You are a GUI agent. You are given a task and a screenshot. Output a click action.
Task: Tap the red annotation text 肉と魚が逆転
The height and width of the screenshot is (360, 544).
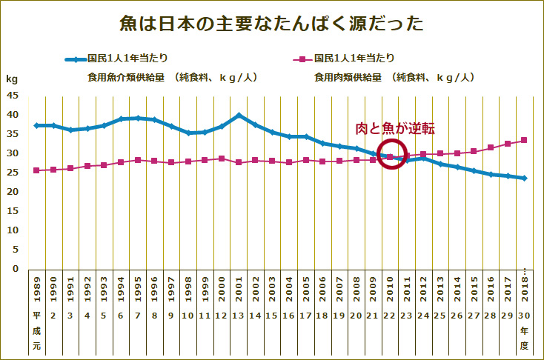pyautogui.click(x=395, y=129)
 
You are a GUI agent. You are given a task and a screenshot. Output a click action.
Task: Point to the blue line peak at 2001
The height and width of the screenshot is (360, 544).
pyautogui.click(x=239, y=116)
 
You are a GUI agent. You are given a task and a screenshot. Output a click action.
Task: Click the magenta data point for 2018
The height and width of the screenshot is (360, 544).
pyautogui.click(x=524, y=140)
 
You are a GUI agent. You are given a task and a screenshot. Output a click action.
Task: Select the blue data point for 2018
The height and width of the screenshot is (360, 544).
pyautogui.click(x=524, y=178)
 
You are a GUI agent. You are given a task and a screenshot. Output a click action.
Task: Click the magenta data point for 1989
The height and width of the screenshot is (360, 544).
pyautogui.click(x=36, y=170)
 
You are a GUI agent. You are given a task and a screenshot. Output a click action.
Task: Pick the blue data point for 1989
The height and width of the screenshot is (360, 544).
pyautogui.click(x=36, y=125)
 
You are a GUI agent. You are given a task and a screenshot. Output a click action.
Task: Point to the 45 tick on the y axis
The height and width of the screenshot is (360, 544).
pyautogui.click(x=13, y=96)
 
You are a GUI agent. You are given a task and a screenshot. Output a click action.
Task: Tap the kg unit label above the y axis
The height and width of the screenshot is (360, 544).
pyautogui.click(x=12, y=78)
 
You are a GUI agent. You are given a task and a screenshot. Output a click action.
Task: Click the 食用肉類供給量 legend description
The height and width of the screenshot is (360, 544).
pyautogui.click(x=394, y=76)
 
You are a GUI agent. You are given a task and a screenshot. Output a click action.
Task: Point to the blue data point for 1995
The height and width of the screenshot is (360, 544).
pyautogui.click(x=137, y=118)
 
